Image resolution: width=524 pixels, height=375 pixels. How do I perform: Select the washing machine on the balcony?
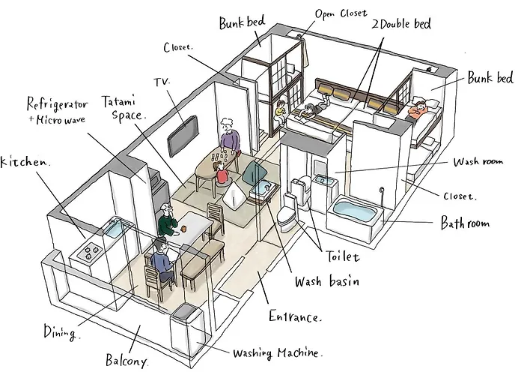[x=186, y=331]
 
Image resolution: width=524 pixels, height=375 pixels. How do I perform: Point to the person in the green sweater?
[x=167, y=221]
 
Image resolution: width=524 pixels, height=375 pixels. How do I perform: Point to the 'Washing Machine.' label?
[x=278, y=352]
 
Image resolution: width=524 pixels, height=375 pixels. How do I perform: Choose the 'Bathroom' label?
[x=464, y=223]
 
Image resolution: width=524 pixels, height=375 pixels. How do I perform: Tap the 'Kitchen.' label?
[x=25, y=161]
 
